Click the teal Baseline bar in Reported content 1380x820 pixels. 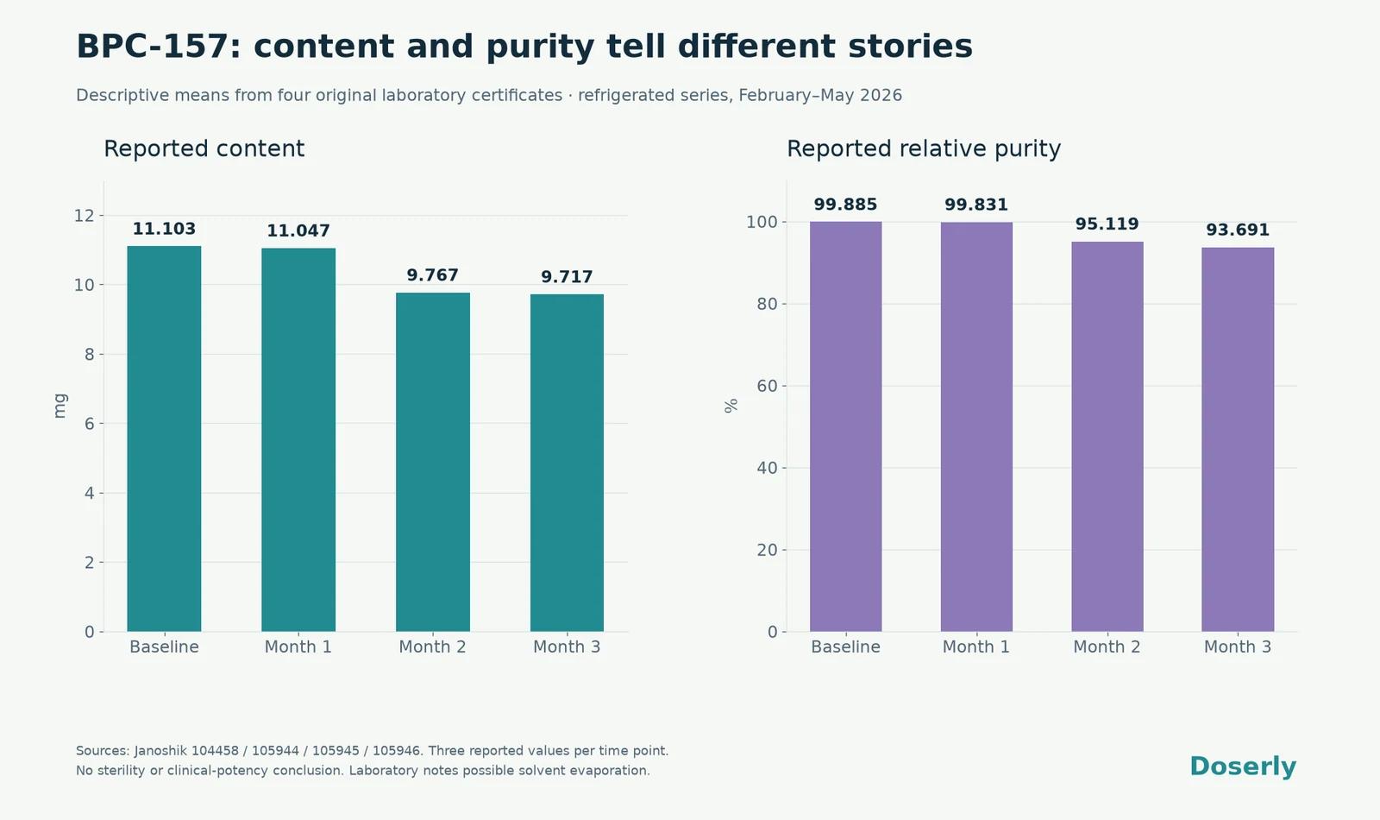(164, 438)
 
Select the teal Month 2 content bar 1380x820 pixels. (432, 462)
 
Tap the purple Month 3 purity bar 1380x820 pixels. (1238, 439)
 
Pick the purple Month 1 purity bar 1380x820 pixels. (976, 426)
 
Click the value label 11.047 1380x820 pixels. (298, 230)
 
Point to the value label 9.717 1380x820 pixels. (567, 277)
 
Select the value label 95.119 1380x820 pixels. (1107, 224)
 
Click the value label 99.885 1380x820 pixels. (845, 204)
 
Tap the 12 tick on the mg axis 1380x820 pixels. (85, 216)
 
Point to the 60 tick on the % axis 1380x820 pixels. (767, 386)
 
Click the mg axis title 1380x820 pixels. (60, 406)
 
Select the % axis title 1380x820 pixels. (731, 406)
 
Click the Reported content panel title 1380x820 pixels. (204, 148)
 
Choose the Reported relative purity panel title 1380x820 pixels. (924, 148)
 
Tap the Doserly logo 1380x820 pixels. (1243, 766)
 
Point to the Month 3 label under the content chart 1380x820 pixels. (567, 647)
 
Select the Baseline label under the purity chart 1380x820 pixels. (845, 647)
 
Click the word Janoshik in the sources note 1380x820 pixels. (160, 751)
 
